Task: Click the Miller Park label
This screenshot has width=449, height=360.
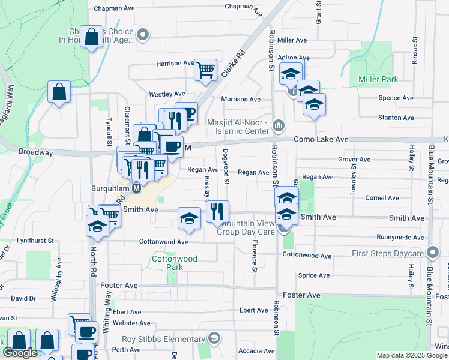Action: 378,79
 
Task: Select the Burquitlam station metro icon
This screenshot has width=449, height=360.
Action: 136,188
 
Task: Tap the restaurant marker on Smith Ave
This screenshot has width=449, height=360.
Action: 217,211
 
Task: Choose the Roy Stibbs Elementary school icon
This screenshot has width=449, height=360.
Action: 214,339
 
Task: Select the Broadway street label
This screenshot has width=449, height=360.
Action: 35,152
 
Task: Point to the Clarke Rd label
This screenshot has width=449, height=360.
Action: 234,67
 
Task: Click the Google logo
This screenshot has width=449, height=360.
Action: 20,353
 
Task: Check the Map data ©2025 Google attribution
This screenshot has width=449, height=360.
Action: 411,355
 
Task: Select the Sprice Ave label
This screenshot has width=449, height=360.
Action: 313,275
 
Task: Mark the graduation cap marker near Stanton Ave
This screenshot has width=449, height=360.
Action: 314,105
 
